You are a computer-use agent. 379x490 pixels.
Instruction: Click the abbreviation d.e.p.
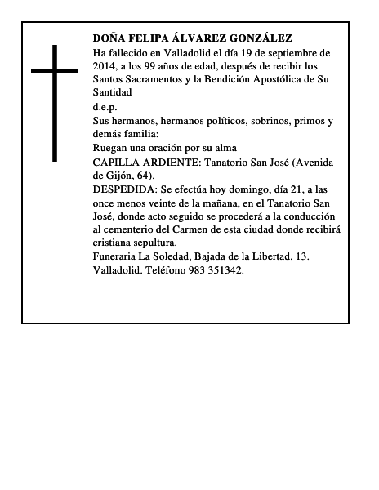tap(105, 107)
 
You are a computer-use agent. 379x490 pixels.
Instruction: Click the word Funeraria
tap(118, 257)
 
